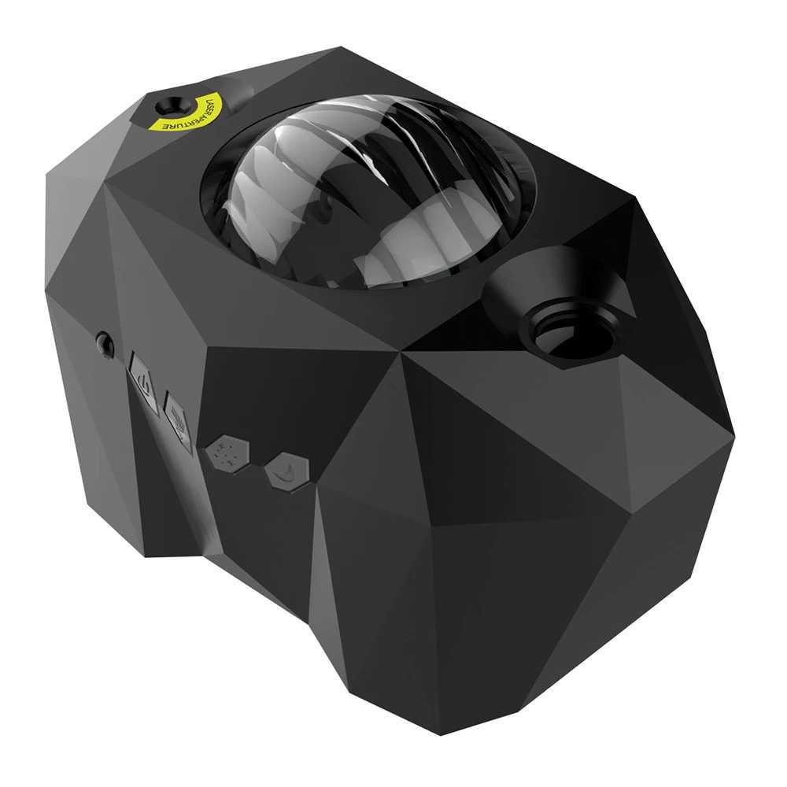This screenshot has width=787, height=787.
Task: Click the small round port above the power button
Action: click(103, 343)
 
